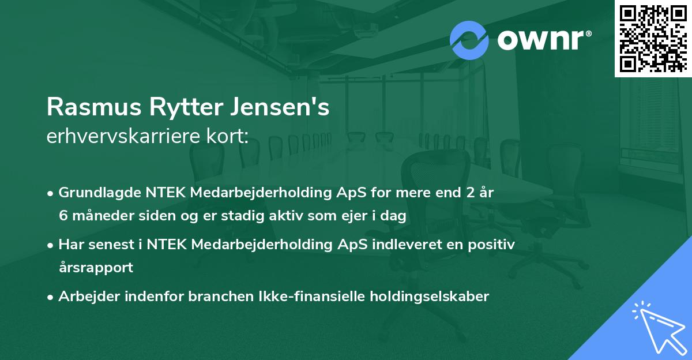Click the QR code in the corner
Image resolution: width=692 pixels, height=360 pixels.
click(653, 38)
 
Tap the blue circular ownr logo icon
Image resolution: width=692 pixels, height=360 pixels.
click(469, 40)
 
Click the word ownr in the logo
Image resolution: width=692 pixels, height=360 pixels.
click(541, 40)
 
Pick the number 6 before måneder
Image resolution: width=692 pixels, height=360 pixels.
click(63, 216)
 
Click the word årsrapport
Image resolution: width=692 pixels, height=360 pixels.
click(96, 268)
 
